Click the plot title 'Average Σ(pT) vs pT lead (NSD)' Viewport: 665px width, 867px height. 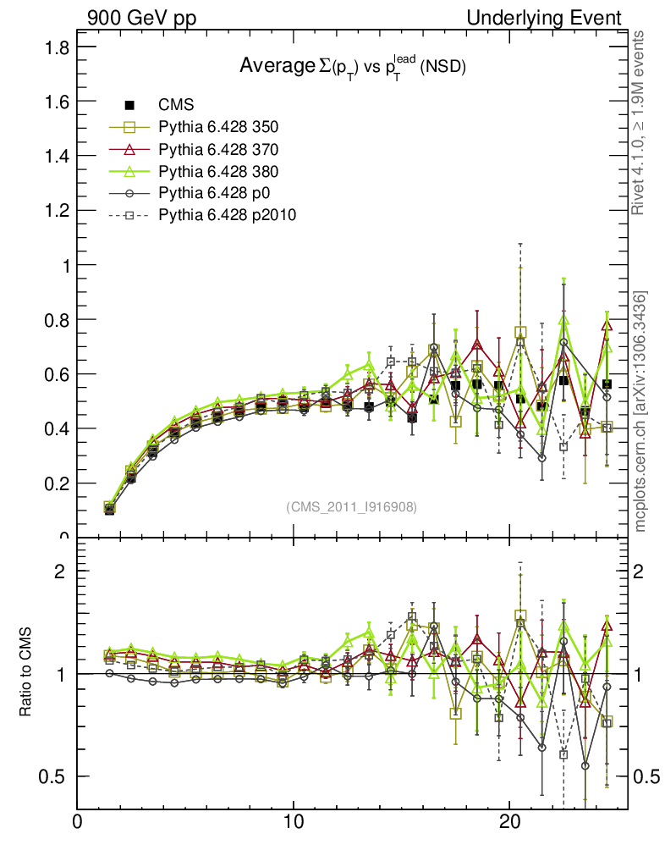coord(353,66)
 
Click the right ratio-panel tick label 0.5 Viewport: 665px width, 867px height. coord(648,776)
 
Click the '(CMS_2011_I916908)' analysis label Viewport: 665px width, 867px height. coord(352,506)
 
